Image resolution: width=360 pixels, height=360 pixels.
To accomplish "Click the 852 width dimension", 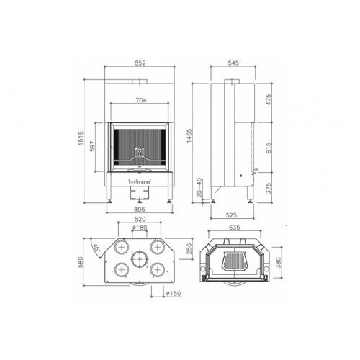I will pyautogui.click(x=141, y=63).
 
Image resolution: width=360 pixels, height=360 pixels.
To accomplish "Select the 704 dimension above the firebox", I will pyautogui.click(x=141, y=101).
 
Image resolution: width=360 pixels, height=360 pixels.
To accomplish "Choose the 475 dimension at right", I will pyautogui.click(x=269, y=101).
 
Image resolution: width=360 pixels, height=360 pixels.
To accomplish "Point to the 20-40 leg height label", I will pyautogui.click(x=198, y=192).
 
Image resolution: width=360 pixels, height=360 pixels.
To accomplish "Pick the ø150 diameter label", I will pyautogui.click(x=173, y=293).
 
